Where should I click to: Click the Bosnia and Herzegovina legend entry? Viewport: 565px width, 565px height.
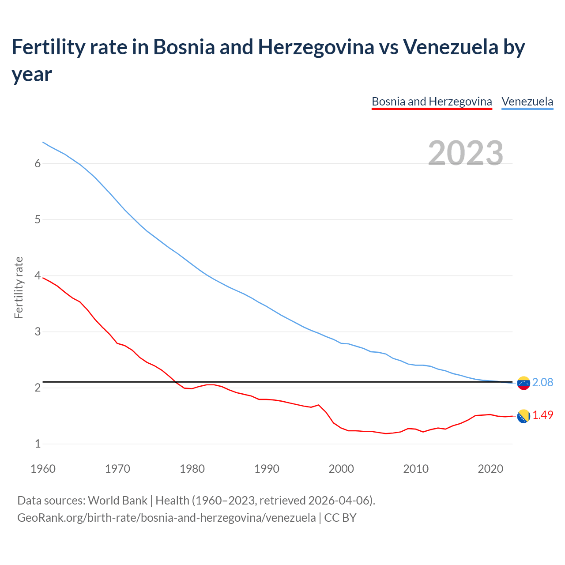(x=431, y=102)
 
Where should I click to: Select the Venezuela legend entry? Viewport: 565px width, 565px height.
(x=527, y=102)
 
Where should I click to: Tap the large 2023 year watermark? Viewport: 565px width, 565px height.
(x=466, y=153)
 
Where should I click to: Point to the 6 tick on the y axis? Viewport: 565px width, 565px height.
(x=38, y=163)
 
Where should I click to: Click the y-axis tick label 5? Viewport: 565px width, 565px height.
(x=38, y=219)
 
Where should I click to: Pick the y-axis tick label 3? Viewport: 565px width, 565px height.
(x=38, y=331)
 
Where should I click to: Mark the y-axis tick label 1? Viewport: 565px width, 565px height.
(x=38, y=444)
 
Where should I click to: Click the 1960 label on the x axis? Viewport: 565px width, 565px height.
(x=43, y=469)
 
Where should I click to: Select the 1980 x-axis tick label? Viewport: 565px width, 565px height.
(x=192, y=469)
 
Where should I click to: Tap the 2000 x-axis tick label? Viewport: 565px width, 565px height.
(x=341, y=469)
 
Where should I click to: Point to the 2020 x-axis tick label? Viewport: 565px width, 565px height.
(x=490, y=469)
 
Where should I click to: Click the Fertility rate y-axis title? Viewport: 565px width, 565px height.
(x=19, y=287)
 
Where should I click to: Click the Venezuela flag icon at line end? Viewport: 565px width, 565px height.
(x=523, y=383)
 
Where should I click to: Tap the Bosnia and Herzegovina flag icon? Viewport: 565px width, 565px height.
(x=523, y=416)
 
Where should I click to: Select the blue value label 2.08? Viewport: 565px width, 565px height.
(x=542, y=382)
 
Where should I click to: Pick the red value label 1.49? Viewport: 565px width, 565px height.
(x=542, y=415)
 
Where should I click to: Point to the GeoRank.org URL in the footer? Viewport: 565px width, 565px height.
(x=166, y=517)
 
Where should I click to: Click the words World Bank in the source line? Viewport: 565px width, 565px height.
(x=117, y=501)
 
